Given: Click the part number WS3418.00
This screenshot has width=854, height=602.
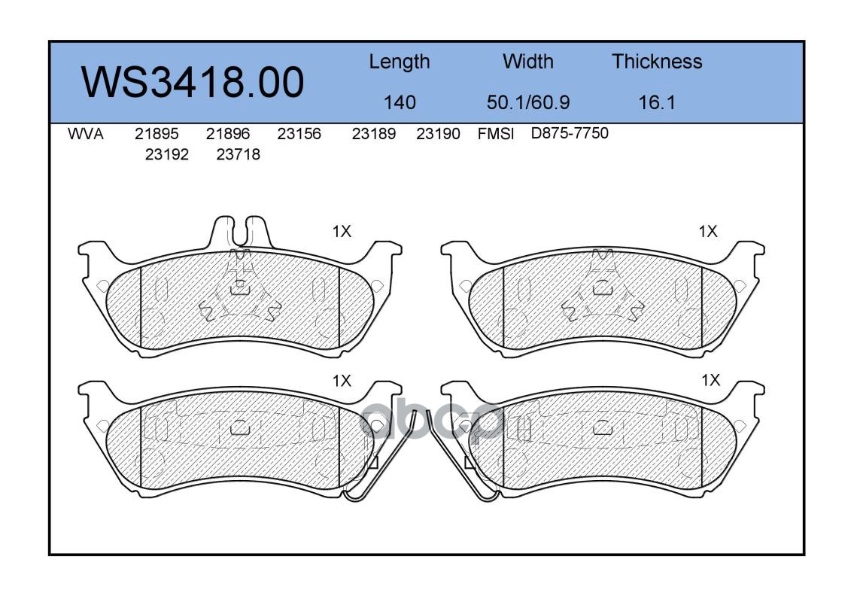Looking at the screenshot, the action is pos(193,83).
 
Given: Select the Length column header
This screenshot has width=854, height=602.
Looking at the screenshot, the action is pos(400,62).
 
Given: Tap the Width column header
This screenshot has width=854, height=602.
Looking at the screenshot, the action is pos(527,61).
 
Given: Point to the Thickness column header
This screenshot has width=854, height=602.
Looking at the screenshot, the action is pos(657,61).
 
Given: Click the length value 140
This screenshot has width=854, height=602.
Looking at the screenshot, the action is pos(400,102).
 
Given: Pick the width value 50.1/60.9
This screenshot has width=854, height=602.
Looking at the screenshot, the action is pos(527,102).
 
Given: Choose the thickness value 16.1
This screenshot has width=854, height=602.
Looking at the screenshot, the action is pos(657,102).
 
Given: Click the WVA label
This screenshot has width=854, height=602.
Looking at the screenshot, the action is pos(86,134).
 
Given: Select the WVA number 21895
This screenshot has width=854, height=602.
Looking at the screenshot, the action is pos(157,134).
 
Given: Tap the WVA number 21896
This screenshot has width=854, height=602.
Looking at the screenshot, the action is pos(228,134).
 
